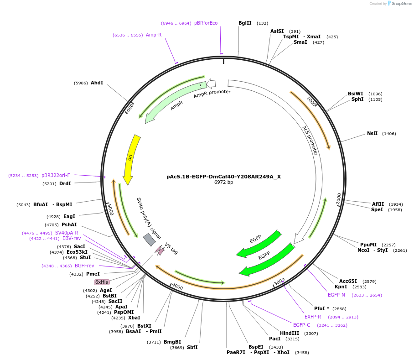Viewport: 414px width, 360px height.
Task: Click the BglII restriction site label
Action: tap(245, 23)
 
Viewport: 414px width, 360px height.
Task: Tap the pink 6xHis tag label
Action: tap(102, 282)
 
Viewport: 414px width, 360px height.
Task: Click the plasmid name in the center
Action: tap(223, 177)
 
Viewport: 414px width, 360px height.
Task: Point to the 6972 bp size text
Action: tap(223, 183)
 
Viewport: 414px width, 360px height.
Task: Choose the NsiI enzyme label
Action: tap(372, 134)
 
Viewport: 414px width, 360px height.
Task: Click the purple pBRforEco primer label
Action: tap(206, 23)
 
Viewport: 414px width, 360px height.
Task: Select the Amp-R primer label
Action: tap(154, 35)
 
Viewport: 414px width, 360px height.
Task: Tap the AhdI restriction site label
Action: tap(97, 83)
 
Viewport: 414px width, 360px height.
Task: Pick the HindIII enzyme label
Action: tap(290, 334)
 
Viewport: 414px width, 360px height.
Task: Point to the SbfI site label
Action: tap(192, 348)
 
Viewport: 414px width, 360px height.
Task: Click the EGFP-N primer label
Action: tap(336, 295)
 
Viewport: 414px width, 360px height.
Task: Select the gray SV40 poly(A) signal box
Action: tap(149, 240)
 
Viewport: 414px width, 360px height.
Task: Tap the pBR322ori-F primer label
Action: tap(56, 175)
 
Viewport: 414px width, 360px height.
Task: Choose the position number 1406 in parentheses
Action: tap(389, 134)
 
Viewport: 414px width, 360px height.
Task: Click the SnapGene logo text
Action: tap(402, 4)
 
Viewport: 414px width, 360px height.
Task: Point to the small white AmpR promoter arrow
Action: tap(211, 83)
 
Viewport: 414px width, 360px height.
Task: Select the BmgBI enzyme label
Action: tap(172, 342)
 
